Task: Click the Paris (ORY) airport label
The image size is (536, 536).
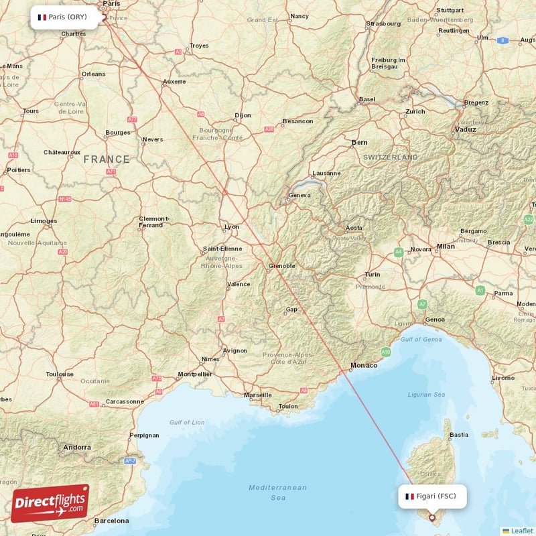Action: click(68, 17)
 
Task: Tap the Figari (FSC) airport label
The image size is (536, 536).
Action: click(432, 496)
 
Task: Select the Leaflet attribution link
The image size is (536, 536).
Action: click(522, 531)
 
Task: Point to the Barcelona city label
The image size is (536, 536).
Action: click(111, 521)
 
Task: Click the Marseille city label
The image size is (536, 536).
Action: click(258, 395)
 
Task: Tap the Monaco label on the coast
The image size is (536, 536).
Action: click(364, 365)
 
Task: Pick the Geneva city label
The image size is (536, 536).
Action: click(299, 196)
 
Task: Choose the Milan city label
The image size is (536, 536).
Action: click(446, 247)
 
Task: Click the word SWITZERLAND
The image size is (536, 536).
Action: click(391, 157)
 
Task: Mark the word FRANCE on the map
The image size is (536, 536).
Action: click(107, 159)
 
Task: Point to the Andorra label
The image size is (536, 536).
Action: click(76, 447)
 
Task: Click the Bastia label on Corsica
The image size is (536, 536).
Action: click(459, 435)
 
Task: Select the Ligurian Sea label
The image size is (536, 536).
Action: click(426, 395)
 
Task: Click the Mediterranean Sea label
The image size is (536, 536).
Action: click(277, 492)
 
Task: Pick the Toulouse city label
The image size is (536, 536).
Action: click(60, 374)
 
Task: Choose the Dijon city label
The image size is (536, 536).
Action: click(243, 115)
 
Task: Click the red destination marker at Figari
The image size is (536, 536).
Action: click(431, 517)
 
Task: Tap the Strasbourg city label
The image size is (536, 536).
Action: click(383, 23)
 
